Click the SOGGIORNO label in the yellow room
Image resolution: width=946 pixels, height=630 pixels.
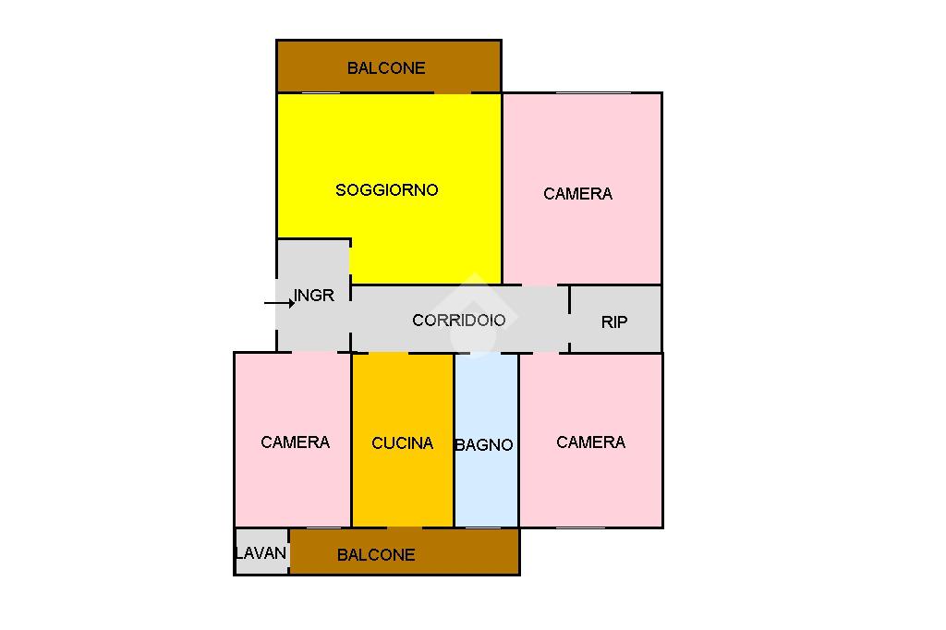[x=386, y=190]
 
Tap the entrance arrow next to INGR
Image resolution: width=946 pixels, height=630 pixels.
[x=278, y=302]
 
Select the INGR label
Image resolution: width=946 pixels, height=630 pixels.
[x=314, y=297]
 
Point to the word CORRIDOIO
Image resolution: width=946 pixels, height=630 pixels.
[x=458, y=321]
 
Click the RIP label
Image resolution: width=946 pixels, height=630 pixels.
[x=614, y=322]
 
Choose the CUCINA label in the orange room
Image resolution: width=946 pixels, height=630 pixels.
[x=402, y=443]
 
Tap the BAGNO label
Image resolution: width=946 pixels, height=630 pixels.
[x=484, y=445]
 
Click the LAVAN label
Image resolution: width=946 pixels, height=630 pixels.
[x=261, y=553]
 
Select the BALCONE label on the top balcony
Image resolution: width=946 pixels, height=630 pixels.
[x=386, y=67]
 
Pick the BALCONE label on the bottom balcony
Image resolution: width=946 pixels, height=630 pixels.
[x=376, y=555]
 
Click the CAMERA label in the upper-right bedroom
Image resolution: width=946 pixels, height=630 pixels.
[x=577, y=194]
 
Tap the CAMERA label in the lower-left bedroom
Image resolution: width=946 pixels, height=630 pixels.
[x=295, y=442]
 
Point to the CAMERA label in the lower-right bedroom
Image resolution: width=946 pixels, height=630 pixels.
[x=590, y=442]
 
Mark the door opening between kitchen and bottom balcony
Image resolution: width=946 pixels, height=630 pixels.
[x=405, y=527]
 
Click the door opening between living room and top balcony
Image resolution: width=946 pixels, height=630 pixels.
[x=453, y=92]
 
